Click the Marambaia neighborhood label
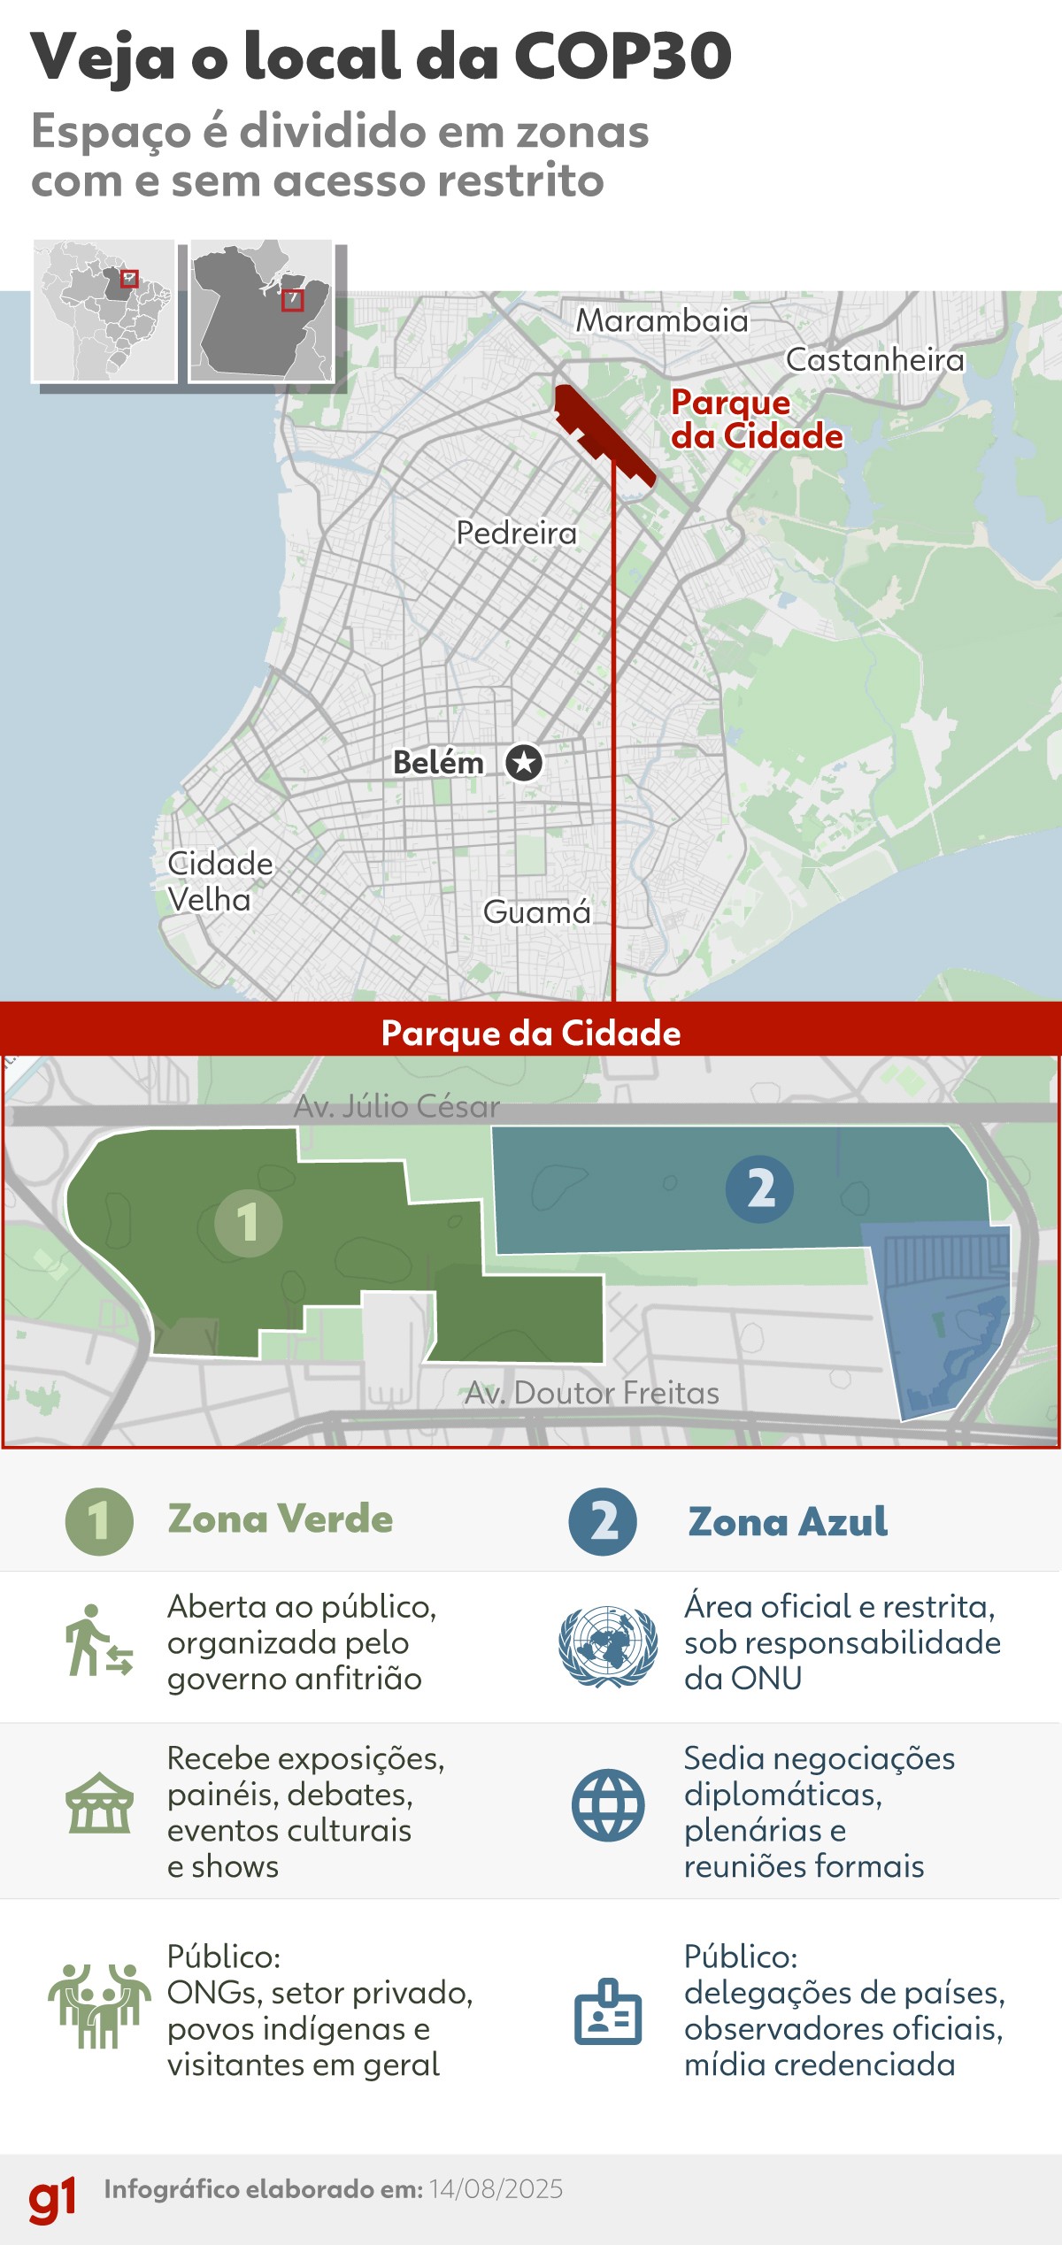[x=662, y=320]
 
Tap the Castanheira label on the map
[x=874, y=360]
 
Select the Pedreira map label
[x=516, y=533]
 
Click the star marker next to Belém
[x=524, y=762]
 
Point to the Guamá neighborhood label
[x=536, y=911]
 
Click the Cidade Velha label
[x=219, y=881]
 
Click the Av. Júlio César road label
[x=396, y=1106]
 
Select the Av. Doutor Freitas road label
[x=592, y=1393]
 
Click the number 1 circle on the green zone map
[x=248, y=1222]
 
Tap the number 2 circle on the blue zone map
[x=759, y=1188]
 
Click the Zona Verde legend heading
[x=280, y=1518]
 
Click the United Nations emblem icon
[x=608, y=1646]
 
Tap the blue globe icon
[x=608, y=1805]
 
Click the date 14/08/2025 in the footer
[x=496, y=2189]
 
